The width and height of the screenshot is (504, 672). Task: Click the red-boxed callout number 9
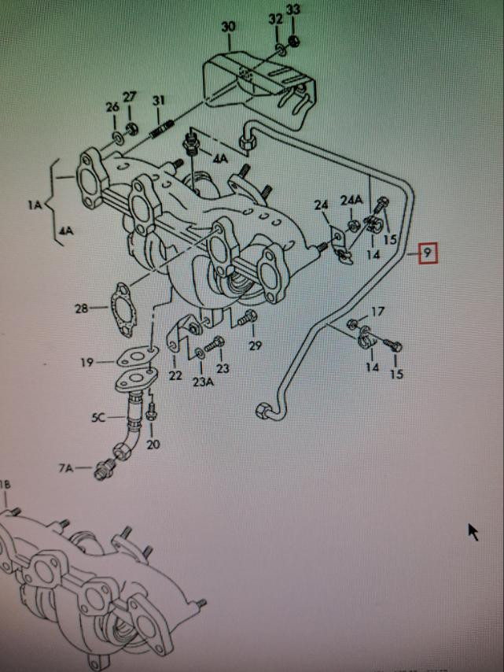tap(426, 253)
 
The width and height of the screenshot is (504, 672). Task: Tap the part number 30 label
tap(228, 27)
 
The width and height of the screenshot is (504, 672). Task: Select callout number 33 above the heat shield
tap(293, 10)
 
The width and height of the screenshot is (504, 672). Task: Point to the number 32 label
tap(275, 17)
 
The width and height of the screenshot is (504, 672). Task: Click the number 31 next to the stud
tap(159, 100)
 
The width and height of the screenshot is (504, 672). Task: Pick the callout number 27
tap(130, 97)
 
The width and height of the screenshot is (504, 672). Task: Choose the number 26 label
tap(112, 107)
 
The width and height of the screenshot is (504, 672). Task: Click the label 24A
tap(351, 200)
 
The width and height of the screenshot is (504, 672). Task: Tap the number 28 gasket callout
tap(83, 308)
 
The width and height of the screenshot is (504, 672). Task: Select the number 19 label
tap(86, 362)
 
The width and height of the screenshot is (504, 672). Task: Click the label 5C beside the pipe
tap(97, 417)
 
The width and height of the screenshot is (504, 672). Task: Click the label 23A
tap(202, 382)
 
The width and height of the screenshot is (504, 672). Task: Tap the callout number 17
tap(377, 312)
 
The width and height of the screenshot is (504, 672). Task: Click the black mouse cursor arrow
tap(473, 532)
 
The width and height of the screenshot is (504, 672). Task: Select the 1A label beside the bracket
tap(33, 205)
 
